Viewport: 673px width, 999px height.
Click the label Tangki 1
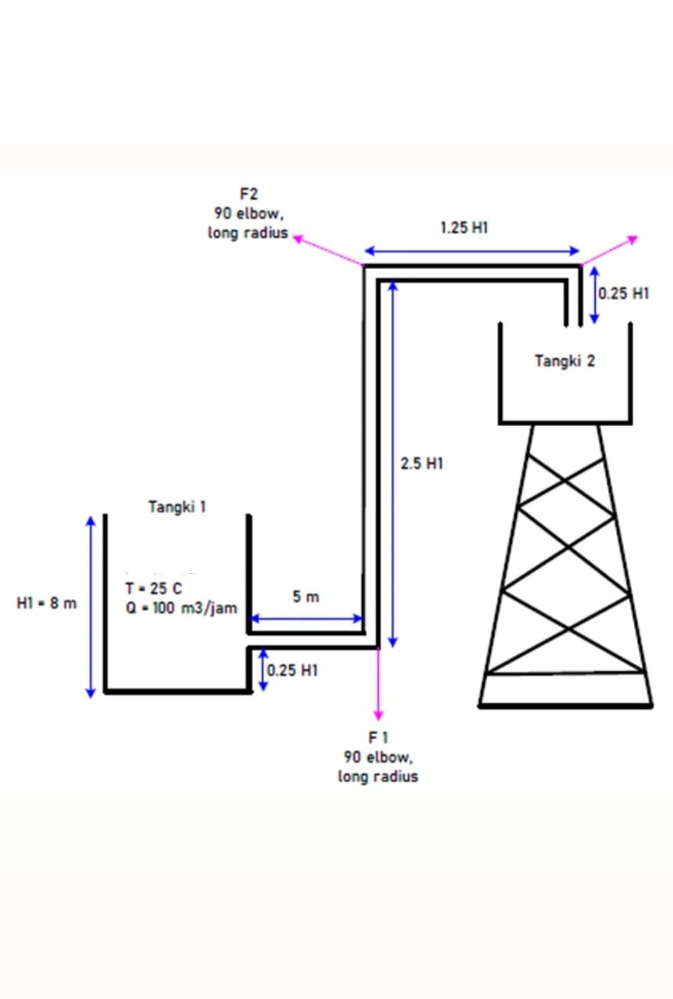[x=177, y=507]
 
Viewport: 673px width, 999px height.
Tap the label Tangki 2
[x=565, y=361]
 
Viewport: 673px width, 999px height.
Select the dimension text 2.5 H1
[x=422, y=464]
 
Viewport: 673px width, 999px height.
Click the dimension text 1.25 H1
[x=464, y=228]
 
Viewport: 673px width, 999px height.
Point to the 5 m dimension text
[x=306, y=596]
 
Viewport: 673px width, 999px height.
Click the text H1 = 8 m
[x=46, y=604]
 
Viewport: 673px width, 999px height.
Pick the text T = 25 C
[x=154, y=589]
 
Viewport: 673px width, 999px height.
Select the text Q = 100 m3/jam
[x=181, y=608]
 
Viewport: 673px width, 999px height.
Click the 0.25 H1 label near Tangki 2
[x=624, y=293]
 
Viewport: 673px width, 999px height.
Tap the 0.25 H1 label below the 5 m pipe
[x=292, y=670]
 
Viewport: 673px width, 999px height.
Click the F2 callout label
[x=249, y=194]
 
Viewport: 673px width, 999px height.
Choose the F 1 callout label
[x=378, y=737]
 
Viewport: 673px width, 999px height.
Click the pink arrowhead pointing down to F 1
[x=378, y=715]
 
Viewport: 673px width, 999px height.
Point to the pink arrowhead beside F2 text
[x=298, y=238]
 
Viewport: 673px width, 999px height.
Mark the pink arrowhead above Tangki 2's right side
[x=632, y=239]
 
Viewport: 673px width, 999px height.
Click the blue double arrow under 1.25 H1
[x=472, y=251]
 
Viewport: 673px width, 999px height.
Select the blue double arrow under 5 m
[x=306, y=618]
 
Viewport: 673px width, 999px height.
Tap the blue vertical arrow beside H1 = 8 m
[x=90, y=607]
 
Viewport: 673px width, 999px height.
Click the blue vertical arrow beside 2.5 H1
[x=393, y=463]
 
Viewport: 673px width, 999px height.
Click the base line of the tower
[x=565, y=706]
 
